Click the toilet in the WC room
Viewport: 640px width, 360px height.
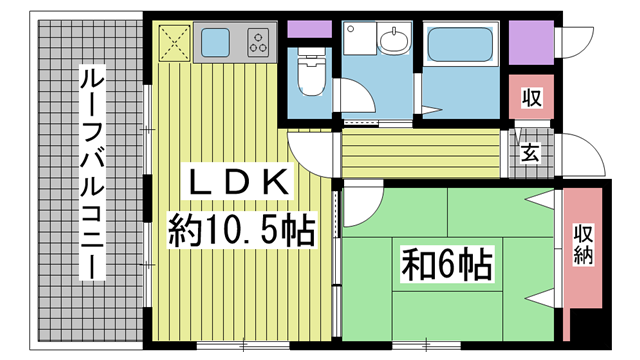point(311,72)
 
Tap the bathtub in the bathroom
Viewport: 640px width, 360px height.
point(460,44)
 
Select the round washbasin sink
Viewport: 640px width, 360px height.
point(394,40)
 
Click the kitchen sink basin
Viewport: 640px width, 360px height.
point(215,42)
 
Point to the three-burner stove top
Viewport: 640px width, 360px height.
point(258,42)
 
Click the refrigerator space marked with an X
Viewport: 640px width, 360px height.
point(175,43)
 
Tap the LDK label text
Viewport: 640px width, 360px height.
point(238,182)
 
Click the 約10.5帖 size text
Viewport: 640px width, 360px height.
point(242,231)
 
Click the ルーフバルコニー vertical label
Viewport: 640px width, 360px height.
point(92,172)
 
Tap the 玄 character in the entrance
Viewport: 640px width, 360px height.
point(530,154)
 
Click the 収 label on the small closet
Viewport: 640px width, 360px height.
point(532,98)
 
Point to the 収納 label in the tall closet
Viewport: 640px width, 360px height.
point(583,244)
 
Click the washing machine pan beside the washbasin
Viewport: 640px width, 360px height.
point(360,38)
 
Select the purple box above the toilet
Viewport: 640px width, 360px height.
point(309,29)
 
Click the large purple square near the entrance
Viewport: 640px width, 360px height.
point(531,42)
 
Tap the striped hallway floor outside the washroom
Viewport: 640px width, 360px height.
point(421,154)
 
